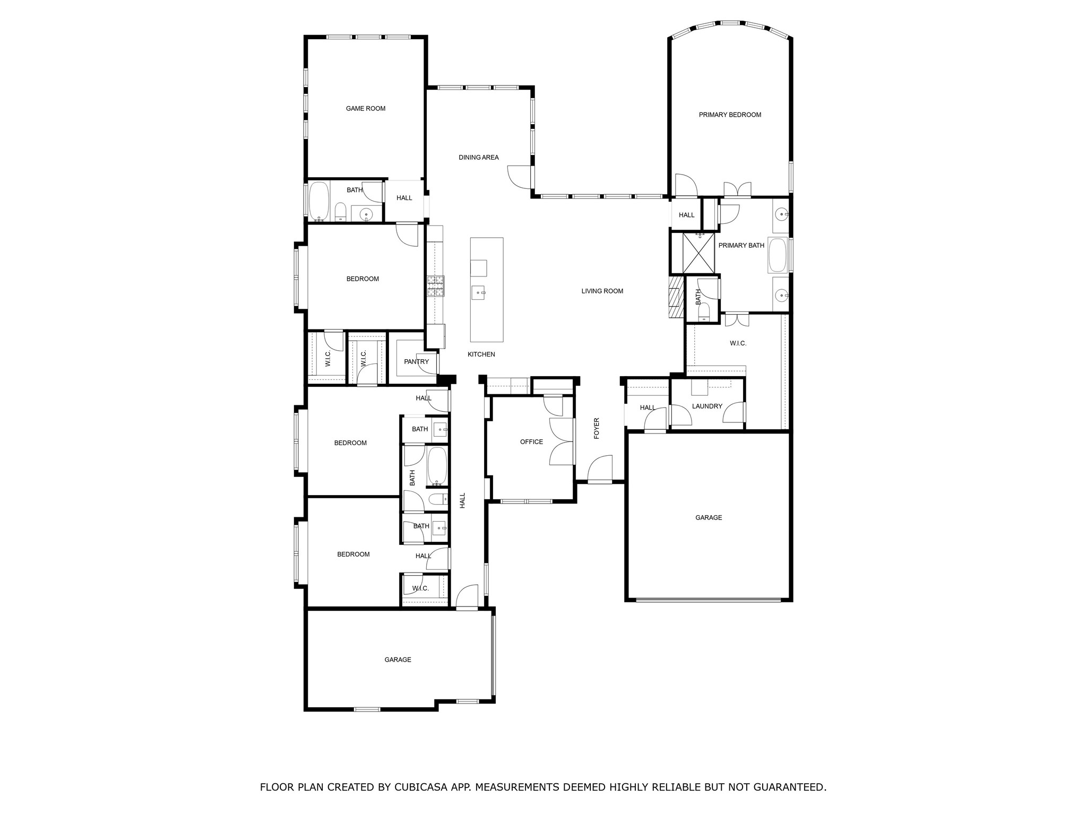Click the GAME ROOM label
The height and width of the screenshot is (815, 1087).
tap(366, 109)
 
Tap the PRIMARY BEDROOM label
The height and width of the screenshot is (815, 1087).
tap(730, 115)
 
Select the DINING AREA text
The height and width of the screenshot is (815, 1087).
tap(479, 158)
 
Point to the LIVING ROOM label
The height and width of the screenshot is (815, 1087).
tap(602, 291)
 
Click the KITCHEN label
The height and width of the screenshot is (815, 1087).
tap(481, 354)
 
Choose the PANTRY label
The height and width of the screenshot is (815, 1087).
tap(416, 362)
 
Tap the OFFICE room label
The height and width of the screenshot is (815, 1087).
tap(531, 442)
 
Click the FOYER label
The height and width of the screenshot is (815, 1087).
tap(597, 428)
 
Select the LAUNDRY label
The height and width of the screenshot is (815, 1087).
tap(707, 406)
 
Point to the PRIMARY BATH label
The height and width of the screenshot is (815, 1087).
tap(741, 246)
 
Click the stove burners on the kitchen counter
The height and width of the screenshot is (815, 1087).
tap(436, 286)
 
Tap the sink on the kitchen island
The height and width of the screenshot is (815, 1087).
tap(479, 292)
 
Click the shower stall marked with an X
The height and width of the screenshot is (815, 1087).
tap(698, 253)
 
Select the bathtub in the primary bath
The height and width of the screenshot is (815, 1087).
tap(778, 255)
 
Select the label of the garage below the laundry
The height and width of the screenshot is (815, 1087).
tap(709, 518)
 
